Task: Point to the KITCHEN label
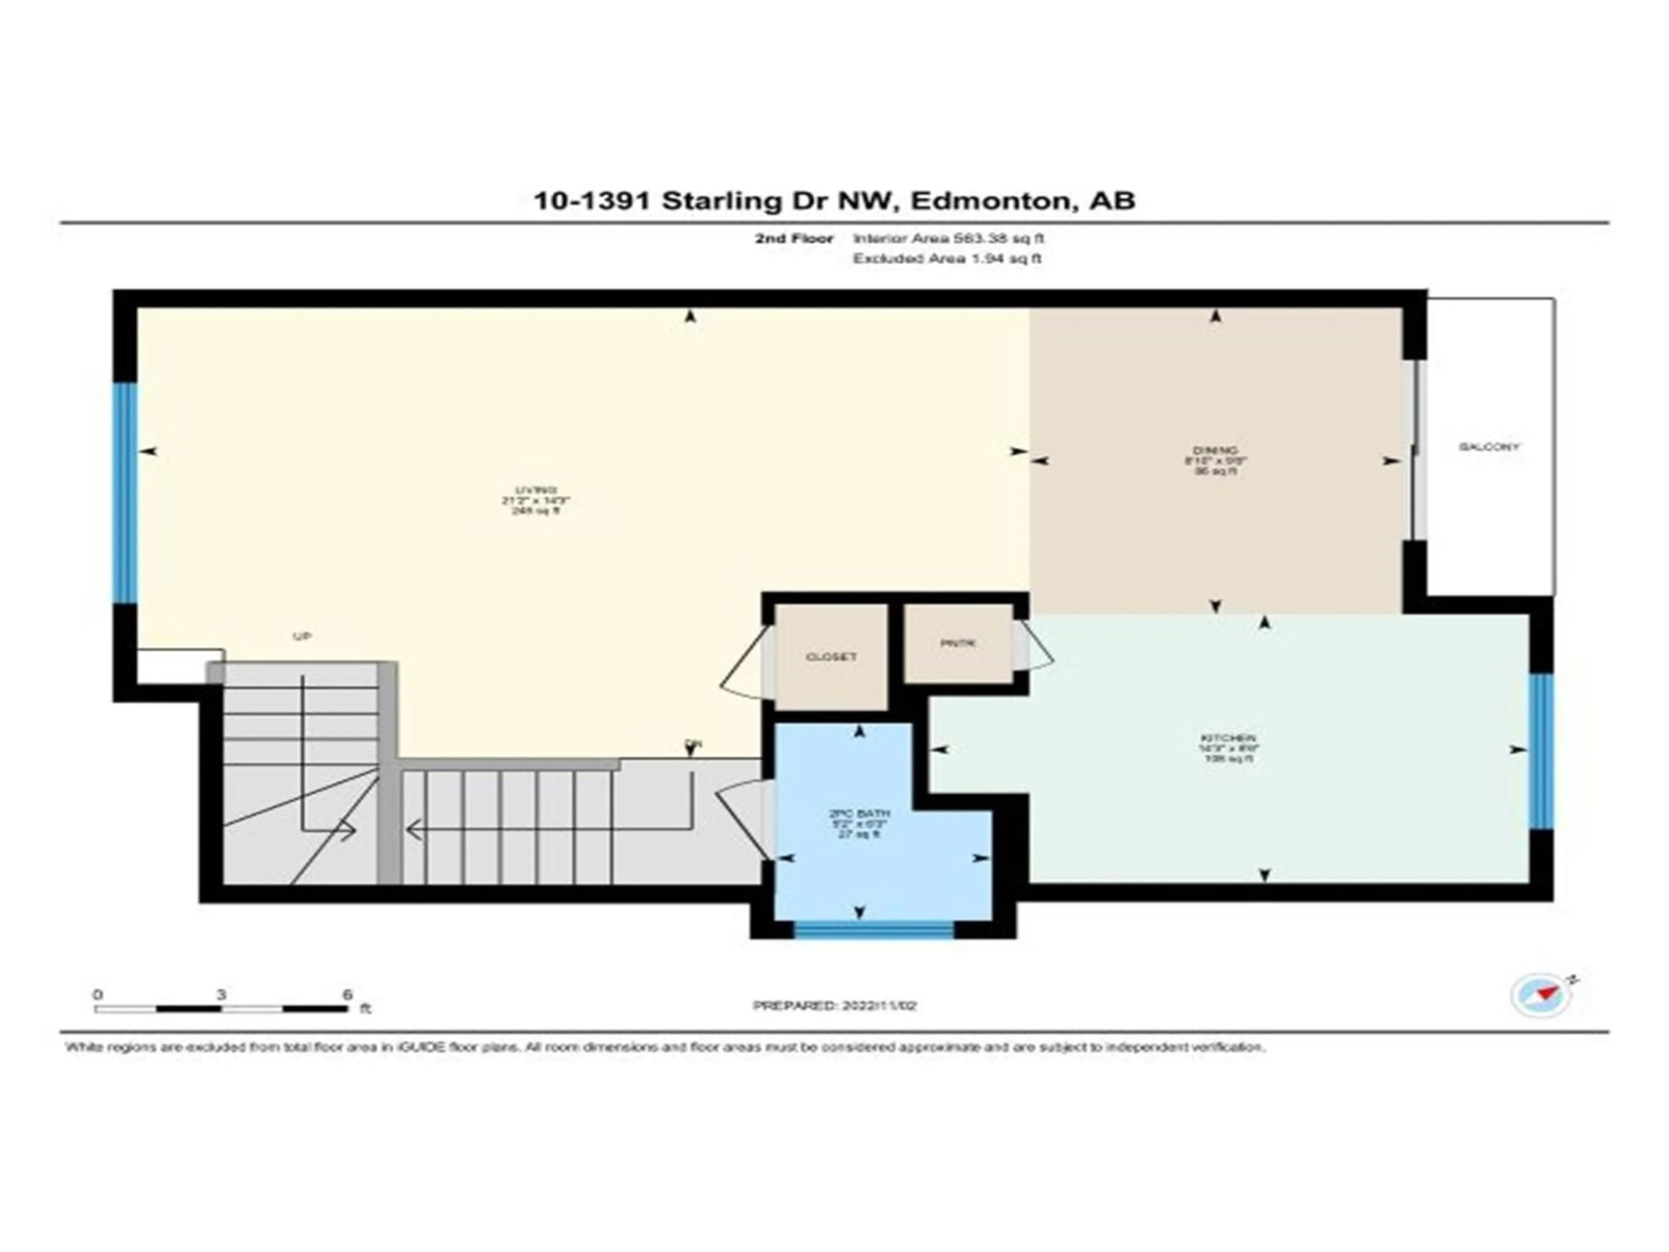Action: tap(1228, 738)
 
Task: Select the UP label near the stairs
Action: tap(302, 636)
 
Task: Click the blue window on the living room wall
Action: tap(125, 493)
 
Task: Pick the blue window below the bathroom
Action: tap(874, 930)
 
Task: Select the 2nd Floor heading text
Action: tap(794, 239)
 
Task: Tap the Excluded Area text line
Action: tap(947, 259)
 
